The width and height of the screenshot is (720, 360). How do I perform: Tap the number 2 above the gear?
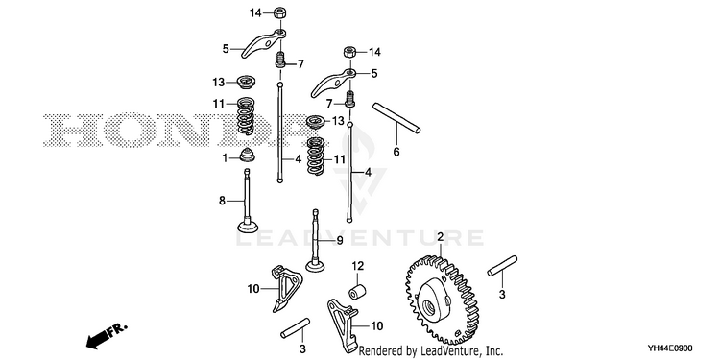tap(440, 237)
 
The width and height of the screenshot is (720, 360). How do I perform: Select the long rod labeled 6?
tap(396, 118)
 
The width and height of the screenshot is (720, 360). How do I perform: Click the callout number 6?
tap(396, 152)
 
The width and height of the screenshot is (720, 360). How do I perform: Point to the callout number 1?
tap(225, 158)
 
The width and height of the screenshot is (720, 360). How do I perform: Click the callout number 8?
tap(223, 201)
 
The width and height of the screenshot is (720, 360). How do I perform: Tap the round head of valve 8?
tap(248, 227)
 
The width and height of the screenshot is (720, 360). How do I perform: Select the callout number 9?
tap(340, 240)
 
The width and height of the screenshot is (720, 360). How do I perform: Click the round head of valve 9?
tap(316, 265)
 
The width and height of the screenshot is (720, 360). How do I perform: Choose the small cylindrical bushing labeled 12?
tap(358, 291)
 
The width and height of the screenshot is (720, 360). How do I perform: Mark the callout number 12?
tap(358, 265)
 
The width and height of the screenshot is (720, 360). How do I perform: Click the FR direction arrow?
tap(106, 335)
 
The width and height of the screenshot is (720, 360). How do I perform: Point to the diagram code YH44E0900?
tap(670, 348)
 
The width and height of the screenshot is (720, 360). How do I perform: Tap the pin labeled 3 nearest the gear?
tap(502, 266)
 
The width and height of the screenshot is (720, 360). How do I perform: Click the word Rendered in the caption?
tap(376, 351)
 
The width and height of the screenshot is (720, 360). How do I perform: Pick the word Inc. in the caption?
tap(494, 351)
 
